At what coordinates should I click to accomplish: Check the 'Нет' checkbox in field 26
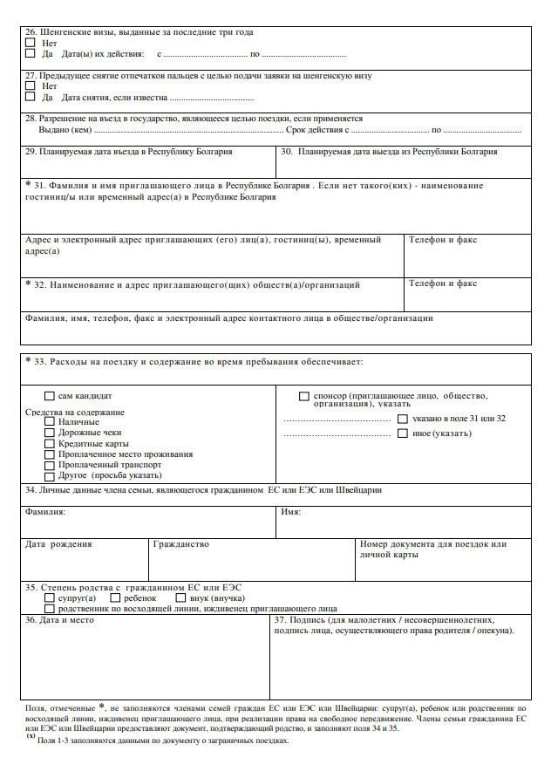coord(31,42)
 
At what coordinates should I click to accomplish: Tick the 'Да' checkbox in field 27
coord(31,97)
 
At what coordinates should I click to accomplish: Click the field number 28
coord(31,119)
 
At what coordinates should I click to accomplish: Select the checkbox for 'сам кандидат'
coord(50,396)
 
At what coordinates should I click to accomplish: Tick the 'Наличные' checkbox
coord(50,422)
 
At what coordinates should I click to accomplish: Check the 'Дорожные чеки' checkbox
coord(50,433)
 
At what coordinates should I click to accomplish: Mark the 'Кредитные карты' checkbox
coord(50,444)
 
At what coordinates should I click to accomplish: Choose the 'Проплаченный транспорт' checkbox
coord(50,465)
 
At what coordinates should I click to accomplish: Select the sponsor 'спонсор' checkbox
coord(304,397)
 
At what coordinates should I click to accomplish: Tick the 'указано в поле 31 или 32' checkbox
coord(403,419)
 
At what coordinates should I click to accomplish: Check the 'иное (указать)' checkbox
coord(403,433)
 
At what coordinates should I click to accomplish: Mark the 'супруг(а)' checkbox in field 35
coord(50,598)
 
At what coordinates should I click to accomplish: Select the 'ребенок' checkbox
coord(116,598)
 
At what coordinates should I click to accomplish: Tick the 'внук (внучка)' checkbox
coord(181,598)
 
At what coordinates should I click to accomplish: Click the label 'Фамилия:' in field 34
coord(45,511)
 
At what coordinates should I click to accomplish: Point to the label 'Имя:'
coord(291,511)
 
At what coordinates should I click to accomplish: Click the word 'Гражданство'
coord(180,544)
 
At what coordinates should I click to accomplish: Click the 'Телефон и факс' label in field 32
coord(443,283)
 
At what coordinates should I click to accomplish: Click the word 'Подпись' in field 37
coord(311,620)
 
